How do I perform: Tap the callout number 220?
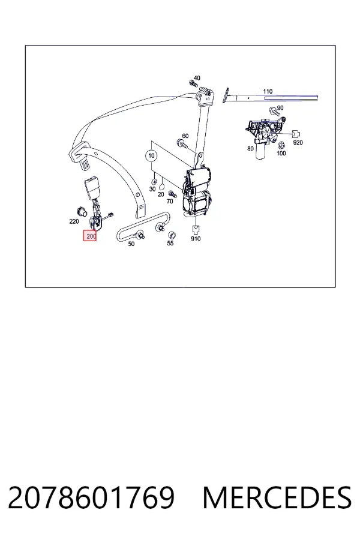pyautogui.click(x=74, y=221)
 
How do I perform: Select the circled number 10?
pyautogui.click(x=152, y=155)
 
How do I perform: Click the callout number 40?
pyautogui.click(x=197, y=78)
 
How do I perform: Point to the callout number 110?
pyautogui.click(x=268, y=91)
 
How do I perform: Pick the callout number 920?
pyautogui.click(x=298, y=142)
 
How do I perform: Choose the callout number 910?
pyautogui.click(x=196, y=239)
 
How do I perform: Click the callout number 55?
pyautogui.click(x=170, y=243)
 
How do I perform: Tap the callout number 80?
pyautogui.click(x=250, y=148)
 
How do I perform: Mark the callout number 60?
pyautogui.click(x=185, y=136)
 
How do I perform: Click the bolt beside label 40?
pyautogui.click(x=191, y=83)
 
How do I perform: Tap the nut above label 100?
pyautogui.click(x=281, y=145)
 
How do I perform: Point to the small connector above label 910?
pyautogui.click(x=196, y=229)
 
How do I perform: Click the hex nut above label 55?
pyautogui.click(x=170, y=235)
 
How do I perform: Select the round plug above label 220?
pyautogui.click(x=80, y=211)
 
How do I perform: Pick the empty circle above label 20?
pyautogui.click(x=161, y=187)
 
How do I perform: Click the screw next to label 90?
pyautogui.click(x=274, y=111)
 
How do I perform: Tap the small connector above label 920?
pyautogui.click(x=296, y=134)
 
